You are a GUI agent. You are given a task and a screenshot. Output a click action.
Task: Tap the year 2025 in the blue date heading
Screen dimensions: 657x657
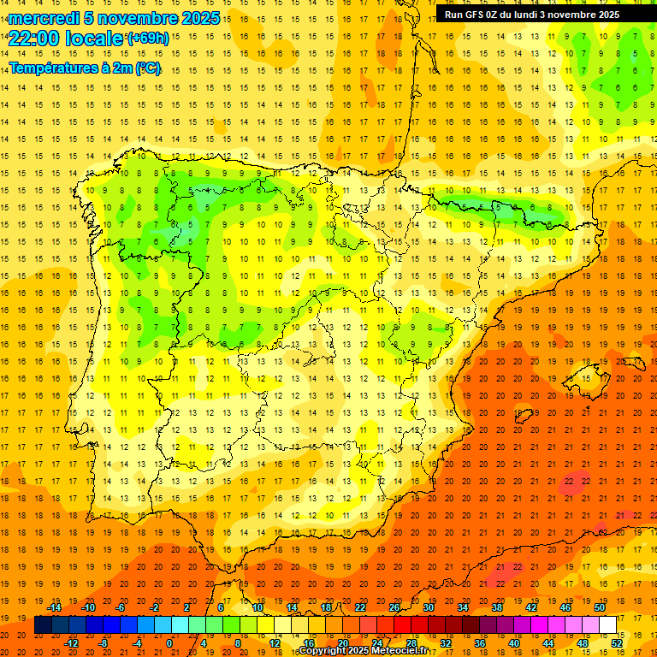point(194,18)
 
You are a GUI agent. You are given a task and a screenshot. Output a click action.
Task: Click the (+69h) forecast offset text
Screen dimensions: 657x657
point(148,38)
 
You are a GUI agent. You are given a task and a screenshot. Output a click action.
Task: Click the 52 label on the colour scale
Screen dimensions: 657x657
point(618,642)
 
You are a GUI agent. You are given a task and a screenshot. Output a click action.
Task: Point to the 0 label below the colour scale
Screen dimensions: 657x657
point(169,642)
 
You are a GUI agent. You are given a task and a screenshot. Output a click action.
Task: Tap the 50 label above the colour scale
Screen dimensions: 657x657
point(600,607)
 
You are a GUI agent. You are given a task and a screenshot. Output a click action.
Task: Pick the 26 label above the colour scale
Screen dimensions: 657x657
point(394,607)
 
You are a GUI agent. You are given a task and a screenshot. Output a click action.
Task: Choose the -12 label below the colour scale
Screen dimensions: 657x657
point(72,642)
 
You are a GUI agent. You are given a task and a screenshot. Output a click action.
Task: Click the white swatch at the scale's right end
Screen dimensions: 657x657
point(608,625)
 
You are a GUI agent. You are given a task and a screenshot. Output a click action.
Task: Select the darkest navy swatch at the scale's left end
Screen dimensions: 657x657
point(43,625)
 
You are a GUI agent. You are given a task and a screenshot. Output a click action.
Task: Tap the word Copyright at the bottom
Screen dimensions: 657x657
point(323,651)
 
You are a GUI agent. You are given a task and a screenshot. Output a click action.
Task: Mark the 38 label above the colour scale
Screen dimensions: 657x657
point(497,607)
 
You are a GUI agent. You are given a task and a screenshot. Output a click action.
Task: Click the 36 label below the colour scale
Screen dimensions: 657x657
point(480,642)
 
